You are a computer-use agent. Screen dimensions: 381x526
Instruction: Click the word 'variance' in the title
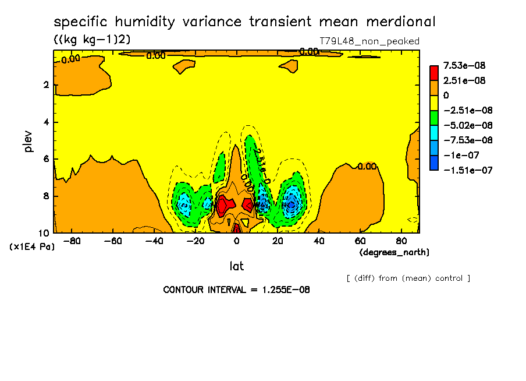click(x=211, y=22)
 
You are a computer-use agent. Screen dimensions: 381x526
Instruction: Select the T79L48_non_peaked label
click(x=369, y=41)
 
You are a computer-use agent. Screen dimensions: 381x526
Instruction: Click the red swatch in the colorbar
click(x=434, y=73)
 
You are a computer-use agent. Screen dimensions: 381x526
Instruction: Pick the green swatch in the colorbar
click(x=434, y=117)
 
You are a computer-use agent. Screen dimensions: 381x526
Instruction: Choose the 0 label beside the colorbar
click(x=446, y=95)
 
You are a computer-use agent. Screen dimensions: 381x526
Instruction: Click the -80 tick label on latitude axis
click(x=72, y=241)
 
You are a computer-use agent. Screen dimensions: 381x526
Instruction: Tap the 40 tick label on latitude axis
click(x=319, y=241)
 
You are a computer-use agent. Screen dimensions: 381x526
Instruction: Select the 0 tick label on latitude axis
click(x=236, y=241)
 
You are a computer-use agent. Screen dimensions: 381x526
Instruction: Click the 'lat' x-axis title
click(x=236, y=266)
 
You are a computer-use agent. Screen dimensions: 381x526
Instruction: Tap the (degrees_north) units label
click(x=394, y=252)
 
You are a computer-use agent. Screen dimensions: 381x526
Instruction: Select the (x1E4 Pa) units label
click(x=32, y=247)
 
